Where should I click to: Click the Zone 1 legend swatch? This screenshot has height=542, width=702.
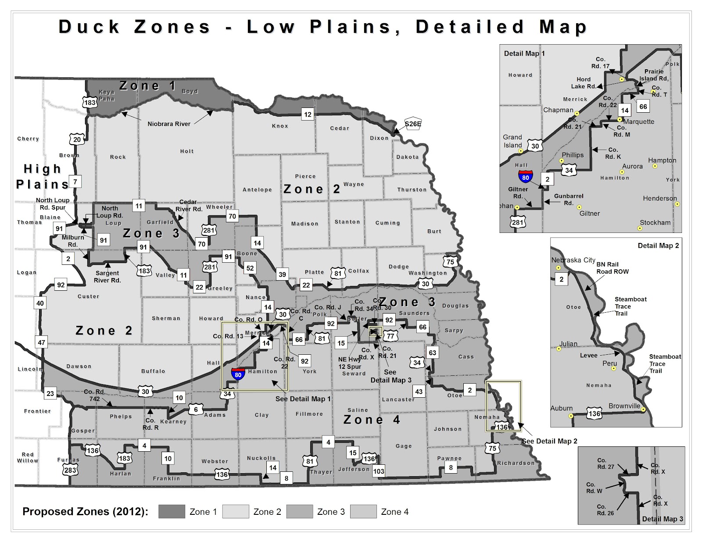172,511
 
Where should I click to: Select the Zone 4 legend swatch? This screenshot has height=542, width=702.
363,511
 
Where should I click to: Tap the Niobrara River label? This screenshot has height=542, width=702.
169,124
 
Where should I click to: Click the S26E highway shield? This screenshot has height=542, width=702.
413,124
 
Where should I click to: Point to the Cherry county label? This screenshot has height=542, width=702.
28,139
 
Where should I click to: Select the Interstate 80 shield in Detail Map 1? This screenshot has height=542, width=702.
526,176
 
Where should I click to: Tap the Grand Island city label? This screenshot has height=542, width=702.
512,141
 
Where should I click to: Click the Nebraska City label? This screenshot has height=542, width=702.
573,260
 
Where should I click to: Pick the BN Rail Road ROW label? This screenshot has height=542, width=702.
612,268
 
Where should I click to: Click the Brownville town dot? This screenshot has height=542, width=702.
643,410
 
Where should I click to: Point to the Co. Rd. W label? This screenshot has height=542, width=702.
594,488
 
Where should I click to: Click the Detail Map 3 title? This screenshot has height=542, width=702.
663,519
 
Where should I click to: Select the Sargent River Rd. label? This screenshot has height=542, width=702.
107,277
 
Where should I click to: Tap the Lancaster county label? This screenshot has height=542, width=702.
398,399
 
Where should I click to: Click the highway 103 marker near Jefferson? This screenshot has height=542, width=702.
378,471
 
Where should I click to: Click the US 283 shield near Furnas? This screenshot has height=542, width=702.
70,470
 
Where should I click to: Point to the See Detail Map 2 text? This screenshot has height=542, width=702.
549,441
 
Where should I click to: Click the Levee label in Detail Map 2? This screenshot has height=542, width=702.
588,355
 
